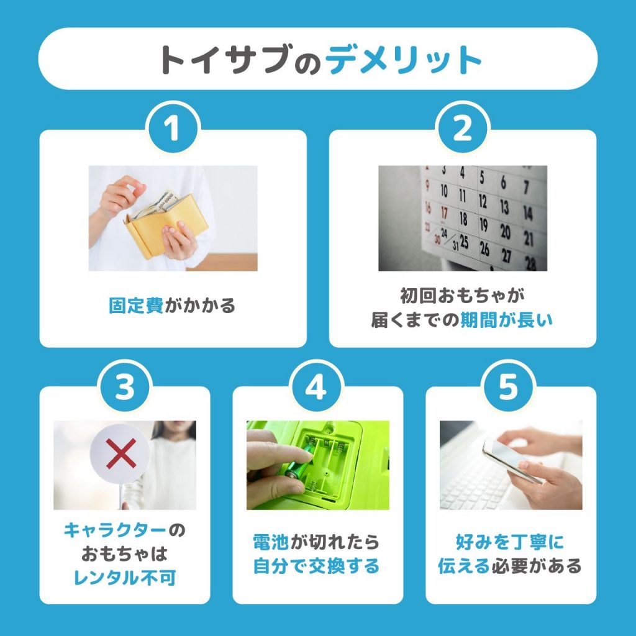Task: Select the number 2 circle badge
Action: pos(463,130)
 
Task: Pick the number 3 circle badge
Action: pos(125,388)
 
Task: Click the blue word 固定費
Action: pos(136,306)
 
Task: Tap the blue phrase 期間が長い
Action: pos(506,320)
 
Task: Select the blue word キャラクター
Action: pos(116,530)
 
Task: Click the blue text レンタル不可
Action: pos(125,578)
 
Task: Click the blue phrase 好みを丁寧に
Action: pos(509,542)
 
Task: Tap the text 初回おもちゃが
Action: pos(463,295)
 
